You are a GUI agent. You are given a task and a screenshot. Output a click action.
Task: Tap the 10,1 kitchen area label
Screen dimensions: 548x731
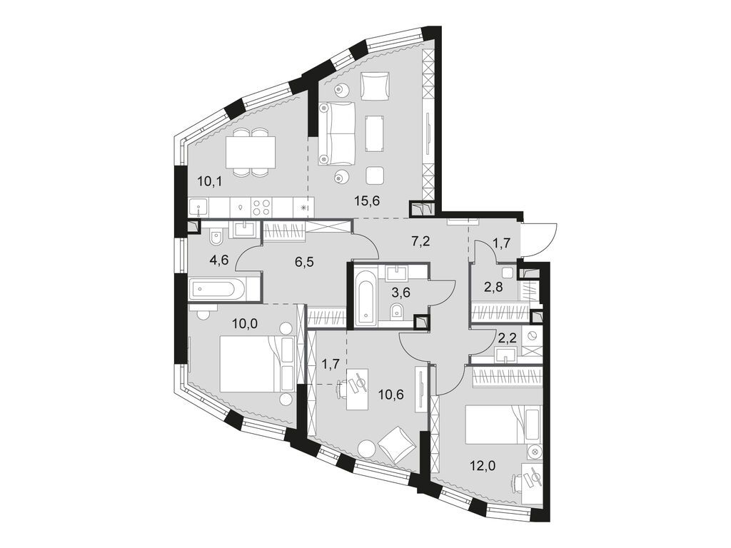210,181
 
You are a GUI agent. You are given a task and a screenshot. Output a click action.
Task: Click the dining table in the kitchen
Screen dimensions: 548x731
250,151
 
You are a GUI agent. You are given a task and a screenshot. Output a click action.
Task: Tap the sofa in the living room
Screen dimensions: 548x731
336,132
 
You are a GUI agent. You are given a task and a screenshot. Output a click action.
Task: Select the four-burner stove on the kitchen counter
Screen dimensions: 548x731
262,207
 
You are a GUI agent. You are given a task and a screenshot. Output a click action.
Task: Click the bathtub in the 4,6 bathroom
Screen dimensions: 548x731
216,289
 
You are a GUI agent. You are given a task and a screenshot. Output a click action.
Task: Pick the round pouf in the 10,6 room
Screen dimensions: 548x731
366,449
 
